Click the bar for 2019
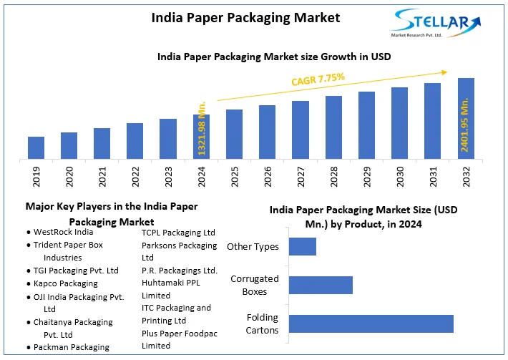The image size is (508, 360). click(36, 147)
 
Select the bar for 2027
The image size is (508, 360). click(301, 130)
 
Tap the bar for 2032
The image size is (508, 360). click(466, 118)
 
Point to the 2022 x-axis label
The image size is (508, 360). click(135, 177)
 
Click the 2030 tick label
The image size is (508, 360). click(400, 177)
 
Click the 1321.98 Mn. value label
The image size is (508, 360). click(202, 130)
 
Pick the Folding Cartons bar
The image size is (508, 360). click(371, 323)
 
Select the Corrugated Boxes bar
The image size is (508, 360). click(321, 285)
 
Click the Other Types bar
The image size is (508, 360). click(303, 246)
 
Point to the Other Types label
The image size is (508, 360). click(253, 246)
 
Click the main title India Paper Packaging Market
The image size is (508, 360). click(246, 17)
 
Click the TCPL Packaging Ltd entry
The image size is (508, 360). click(178, 232)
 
